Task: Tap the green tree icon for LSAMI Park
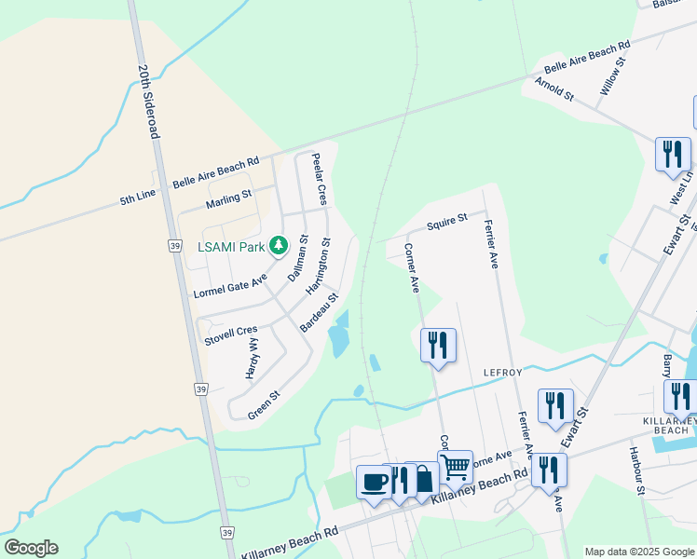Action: [278, 246]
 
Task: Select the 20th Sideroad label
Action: [149, 102]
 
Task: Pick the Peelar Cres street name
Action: [319, 179]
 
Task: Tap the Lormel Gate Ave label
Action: [230, 285]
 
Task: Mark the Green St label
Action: [264, 403]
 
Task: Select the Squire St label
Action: [446, 223]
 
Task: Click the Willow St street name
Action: [613, 76]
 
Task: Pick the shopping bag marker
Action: [423, 479]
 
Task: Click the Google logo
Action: [31, 548]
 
